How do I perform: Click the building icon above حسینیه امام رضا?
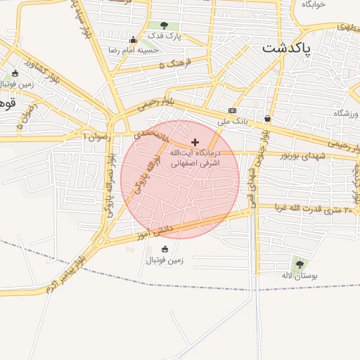pyautogui.click(x=133, y=39)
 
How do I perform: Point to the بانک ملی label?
pyautogui.click(x=233, y=121)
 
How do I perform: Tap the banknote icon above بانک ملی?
pyautogui.click(x=232, y=111)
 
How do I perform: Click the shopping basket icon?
pyautogui.click(x=267, y=118)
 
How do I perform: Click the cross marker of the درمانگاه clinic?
pyautogui.click(x=195, y=142)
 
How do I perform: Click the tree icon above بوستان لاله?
pyautogui.click(x=300, y=265)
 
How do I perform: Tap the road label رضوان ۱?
pyautogui.click(x=98, y=135)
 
